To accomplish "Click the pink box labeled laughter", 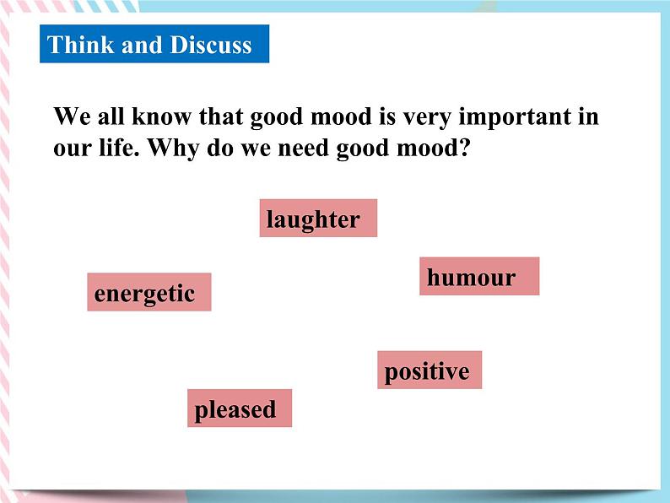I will pos(317,219).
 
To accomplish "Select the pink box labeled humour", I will pos(478,277).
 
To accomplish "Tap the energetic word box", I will pos(149,293).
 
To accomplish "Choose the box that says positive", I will pos(429,370).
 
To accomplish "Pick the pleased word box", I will pos(239,408).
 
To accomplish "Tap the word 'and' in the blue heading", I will pos(142,45).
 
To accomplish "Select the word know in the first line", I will pos(155,116).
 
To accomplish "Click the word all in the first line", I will pos(105,116).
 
